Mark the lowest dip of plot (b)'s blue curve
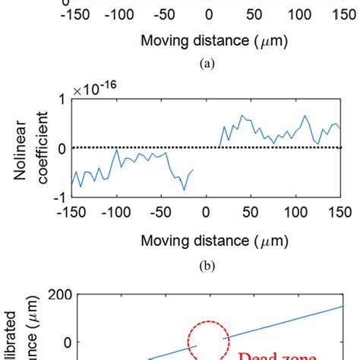point(184,189)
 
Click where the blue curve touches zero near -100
point(116,149)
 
